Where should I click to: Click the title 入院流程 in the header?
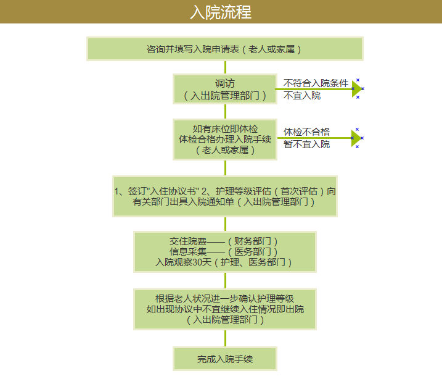coord(221,12)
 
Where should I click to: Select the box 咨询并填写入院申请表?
coord(225,49)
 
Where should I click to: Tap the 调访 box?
coord(225,89)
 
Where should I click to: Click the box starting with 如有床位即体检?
coord(225,140)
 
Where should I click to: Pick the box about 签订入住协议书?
coord(225,196)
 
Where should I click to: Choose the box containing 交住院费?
coord(225,252)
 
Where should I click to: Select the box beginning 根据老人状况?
coord(225,309)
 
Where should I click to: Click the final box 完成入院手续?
coord(225,359)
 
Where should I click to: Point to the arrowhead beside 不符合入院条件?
coord(357,89)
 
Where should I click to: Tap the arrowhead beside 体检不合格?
coord(356,138)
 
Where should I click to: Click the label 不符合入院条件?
coord(316,83)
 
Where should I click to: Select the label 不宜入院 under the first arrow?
coord(302,96)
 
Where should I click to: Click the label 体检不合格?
coord(306,132)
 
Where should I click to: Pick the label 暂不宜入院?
coord(306,144)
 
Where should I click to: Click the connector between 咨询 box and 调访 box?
coord(225,67)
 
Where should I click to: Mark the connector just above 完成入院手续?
coord(225,338)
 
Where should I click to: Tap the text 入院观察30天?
coord(183,262)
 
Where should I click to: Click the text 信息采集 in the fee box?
coord(188,251)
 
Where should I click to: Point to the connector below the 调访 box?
coord(225,112)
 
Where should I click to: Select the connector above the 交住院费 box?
coord(225,224)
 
